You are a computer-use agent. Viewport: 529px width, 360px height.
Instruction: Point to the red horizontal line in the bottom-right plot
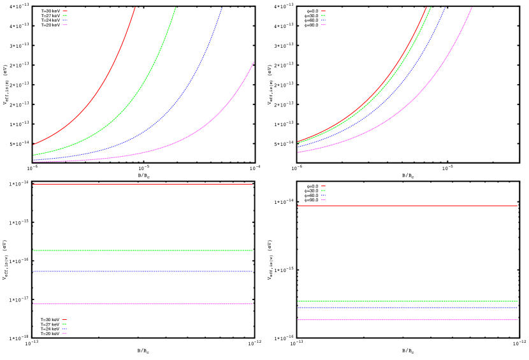point(408,206)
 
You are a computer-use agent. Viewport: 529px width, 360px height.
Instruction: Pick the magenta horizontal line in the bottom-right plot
point(408,320)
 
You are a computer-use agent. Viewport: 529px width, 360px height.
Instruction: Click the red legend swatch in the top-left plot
point(65,11)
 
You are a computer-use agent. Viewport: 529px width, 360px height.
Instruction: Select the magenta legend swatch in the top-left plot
point(65,25)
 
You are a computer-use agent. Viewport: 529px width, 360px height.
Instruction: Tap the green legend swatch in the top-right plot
point(324,15)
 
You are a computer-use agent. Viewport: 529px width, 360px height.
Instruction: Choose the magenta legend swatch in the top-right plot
point(324,25)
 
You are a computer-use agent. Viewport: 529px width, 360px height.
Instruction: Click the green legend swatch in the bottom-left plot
point(65,324)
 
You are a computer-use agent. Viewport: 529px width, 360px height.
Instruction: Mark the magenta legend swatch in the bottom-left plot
point(65,333)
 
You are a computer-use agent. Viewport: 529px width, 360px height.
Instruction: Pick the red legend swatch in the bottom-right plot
point(324,186)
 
